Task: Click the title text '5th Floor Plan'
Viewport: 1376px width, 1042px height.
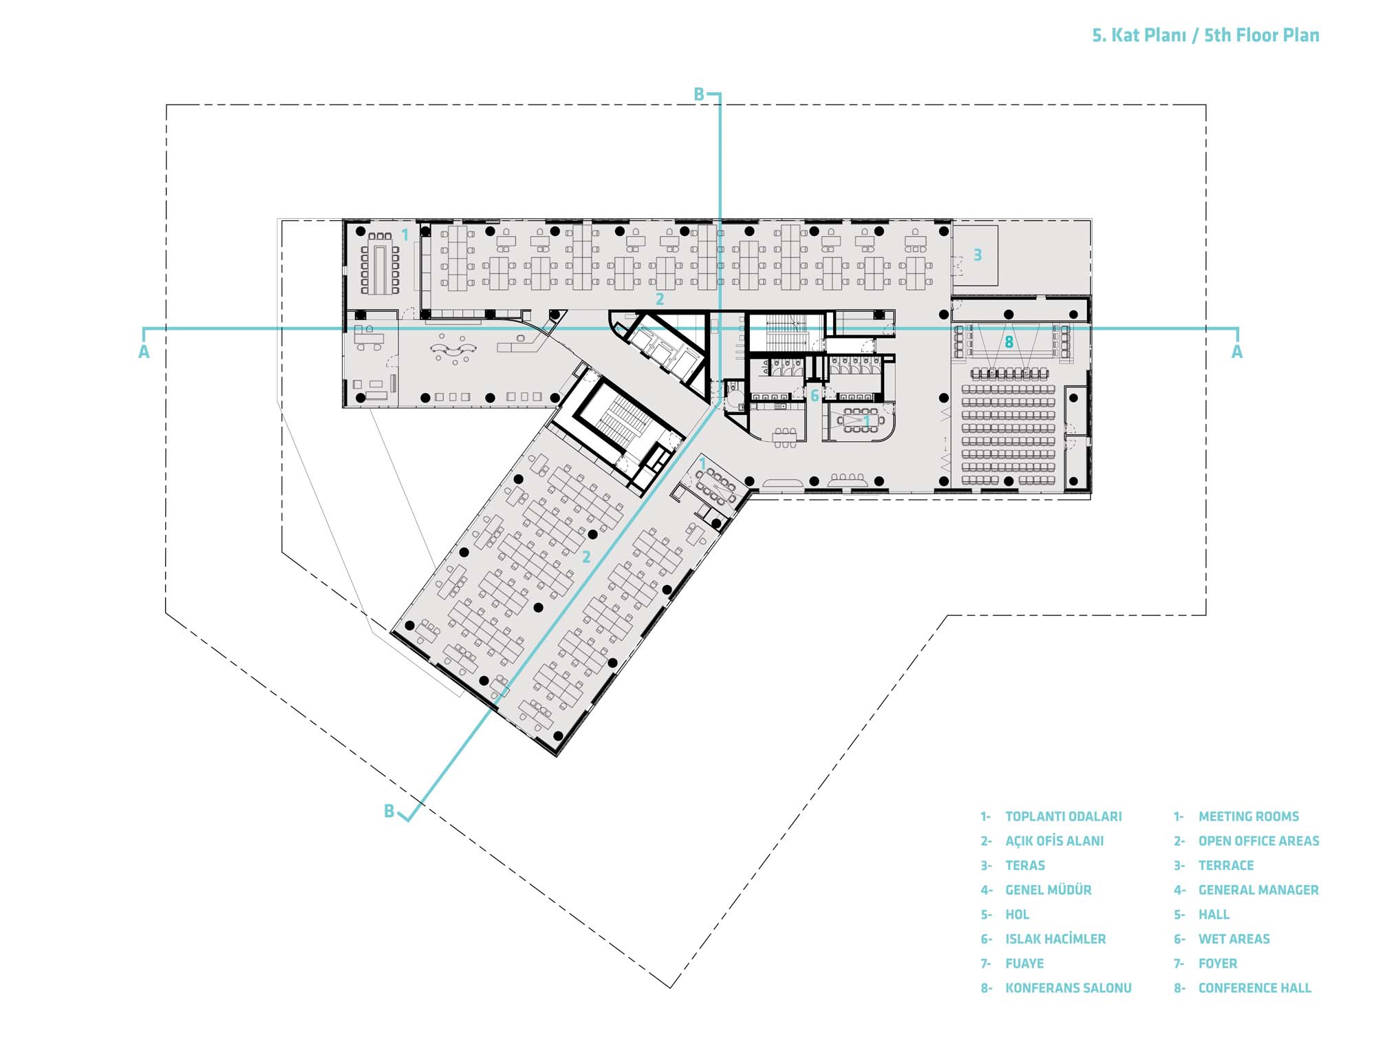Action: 1261,35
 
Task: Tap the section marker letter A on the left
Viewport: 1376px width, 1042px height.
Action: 144,352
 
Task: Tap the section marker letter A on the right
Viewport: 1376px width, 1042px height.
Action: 1237,352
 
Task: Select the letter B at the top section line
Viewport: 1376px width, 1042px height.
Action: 699,94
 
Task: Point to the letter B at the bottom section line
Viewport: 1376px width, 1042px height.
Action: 389,811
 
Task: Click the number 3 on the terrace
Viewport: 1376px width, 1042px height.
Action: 977,255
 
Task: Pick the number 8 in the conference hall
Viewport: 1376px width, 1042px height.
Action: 1009,341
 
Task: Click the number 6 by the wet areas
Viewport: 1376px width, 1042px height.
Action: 815,395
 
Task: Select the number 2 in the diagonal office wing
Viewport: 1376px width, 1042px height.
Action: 586,557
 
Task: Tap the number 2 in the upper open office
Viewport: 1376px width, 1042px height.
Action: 660,299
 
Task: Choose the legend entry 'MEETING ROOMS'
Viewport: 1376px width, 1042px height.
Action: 1249,816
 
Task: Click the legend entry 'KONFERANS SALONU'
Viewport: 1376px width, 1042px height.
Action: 1068,988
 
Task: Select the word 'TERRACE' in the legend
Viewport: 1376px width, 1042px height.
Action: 1226,865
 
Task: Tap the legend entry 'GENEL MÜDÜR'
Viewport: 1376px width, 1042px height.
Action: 1049,889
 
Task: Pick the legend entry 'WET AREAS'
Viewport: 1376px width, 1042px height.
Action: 1234,939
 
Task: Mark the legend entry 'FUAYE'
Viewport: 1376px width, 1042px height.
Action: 1024,964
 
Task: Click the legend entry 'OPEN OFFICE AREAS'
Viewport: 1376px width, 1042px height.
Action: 1259,840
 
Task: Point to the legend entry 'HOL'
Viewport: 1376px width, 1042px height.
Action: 1018,914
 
